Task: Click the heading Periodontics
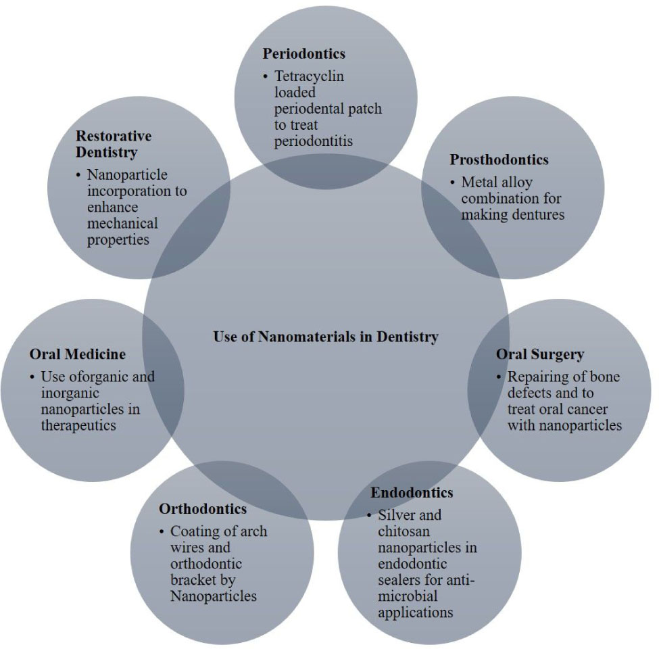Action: pos(303,53)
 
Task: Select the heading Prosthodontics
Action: pos(499,160)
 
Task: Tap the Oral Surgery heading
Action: pos(539,354)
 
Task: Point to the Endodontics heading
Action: pos(412,492)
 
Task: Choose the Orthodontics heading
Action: pos(203,508)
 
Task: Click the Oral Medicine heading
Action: pos(77,354)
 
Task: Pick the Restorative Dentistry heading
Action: pos(114,143)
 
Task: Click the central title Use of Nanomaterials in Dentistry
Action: pos(326,336)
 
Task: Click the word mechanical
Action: pos(122,223)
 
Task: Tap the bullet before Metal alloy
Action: pos(453,183)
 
